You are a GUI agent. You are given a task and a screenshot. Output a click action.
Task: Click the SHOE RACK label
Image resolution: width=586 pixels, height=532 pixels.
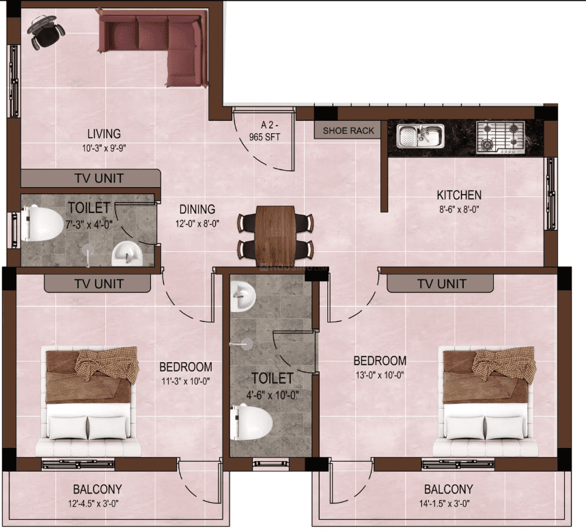point(348,130)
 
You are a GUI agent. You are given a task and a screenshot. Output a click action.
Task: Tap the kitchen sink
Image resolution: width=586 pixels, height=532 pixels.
point(420,135)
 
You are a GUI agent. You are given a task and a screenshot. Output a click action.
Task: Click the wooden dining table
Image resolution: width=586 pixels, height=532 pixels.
point(277,235)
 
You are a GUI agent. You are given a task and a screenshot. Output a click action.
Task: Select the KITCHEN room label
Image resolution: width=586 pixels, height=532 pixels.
point(460,195)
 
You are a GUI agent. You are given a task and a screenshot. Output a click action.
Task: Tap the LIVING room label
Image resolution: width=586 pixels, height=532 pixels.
point(104,133)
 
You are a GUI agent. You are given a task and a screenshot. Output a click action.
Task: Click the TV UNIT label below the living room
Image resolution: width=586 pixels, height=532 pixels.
point(99,178)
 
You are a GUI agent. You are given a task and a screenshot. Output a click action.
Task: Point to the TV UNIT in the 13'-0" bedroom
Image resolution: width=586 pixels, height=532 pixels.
point(441,283)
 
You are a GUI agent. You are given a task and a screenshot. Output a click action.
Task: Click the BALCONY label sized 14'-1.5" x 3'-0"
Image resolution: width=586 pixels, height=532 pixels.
point(448,490)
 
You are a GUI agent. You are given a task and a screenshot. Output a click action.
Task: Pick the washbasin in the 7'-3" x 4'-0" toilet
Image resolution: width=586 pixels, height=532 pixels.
point(127,253)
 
